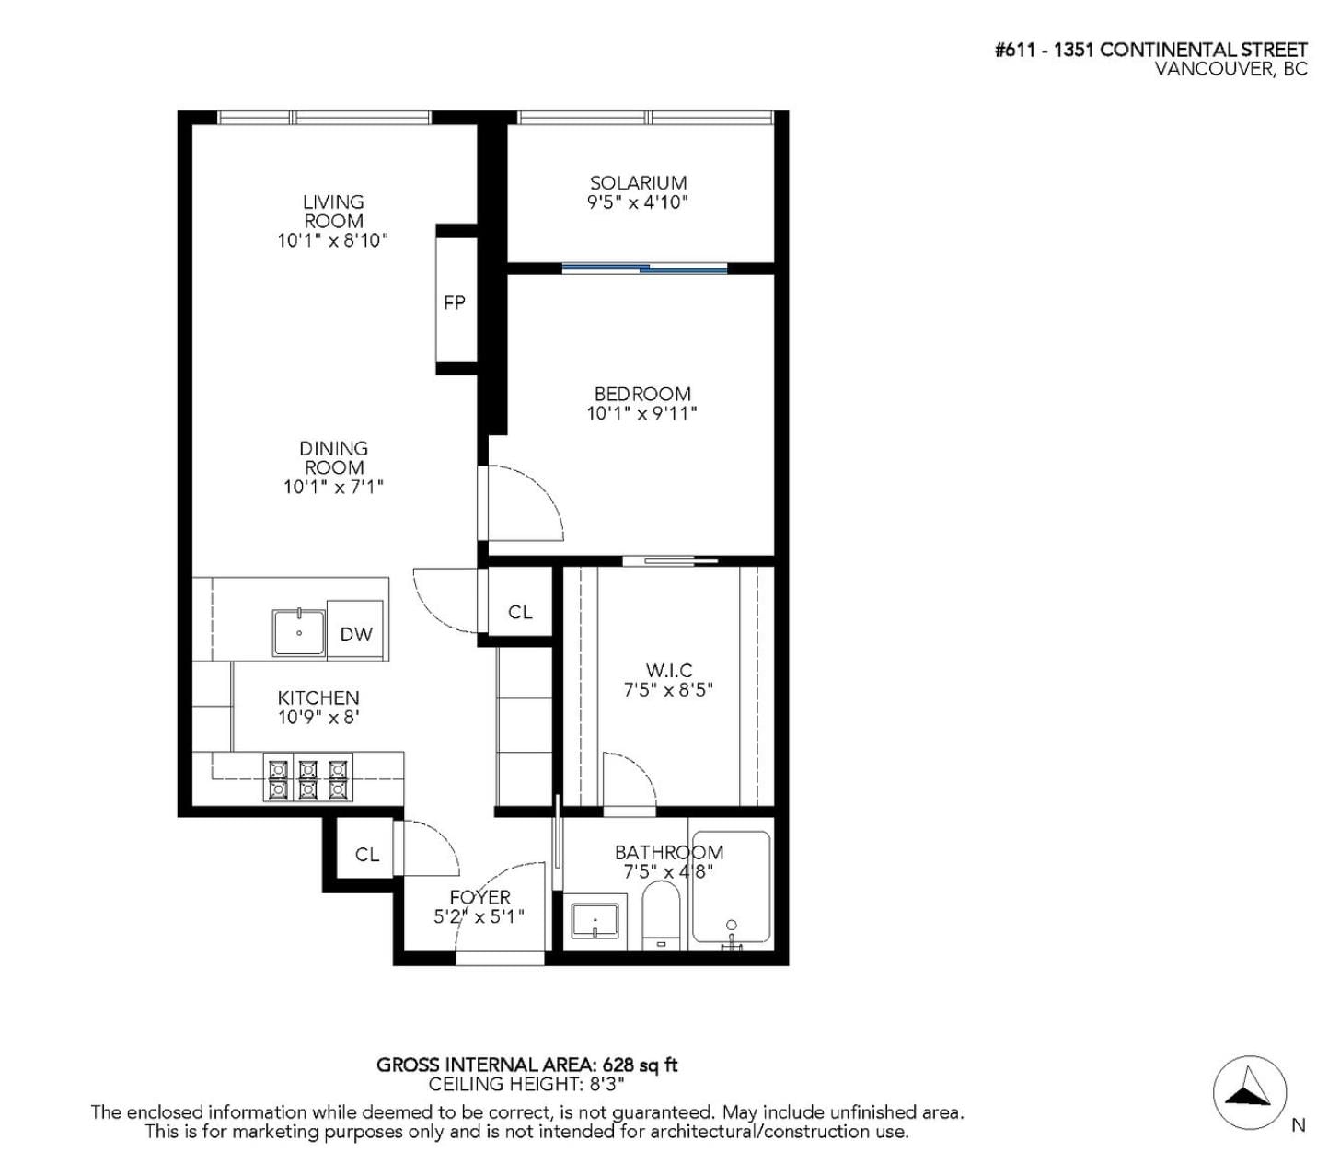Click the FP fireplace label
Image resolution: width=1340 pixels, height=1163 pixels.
(x=454, y=303)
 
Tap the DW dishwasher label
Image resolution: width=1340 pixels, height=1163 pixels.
(x=356, y=634)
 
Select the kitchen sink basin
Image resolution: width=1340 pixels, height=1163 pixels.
(x=299, y=633)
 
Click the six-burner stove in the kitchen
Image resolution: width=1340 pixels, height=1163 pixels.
(x=307, y=777)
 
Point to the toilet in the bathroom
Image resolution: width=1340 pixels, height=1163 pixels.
(x=661, y=916)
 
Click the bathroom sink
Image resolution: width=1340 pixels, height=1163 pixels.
(x=595, y=921)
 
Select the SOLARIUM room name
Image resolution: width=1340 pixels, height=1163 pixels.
(x=638, y=183)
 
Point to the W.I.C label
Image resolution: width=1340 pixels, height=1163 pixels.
(x=669, y=670)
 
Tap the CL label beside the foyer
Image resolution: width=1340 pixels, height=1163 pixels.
(x=367, y=855)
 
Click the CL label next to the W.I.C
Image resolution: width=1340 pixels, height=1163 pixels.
(x=520, y=612)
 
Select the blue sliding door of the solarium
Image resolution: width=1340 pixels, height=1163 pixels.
(x=644, y=268)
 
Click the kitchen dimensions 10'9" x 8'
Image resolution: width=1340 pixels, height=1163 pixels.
(x=319, y=718)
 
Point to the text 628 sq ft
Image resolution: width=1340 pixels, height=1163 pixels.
(x=640, y=1065)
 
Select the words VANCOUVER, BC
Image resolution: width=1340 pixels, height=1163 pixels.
(x=1230, y=69)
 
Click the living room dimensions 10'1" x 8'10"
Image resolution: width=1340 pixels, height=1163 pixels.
(x=333, y=240)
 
